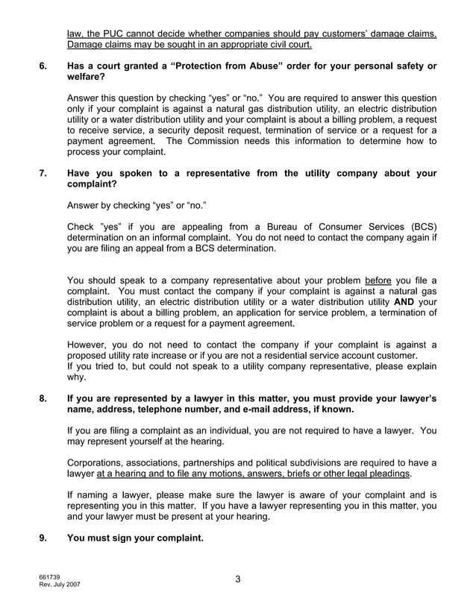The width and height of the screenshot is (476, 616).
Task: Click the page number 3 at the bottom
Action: pos(237,579)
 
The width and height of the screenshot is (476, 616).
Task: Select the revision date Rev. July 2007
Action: pos(60,585)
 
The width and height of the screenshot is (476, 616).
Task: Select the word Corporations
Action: pos(97,462)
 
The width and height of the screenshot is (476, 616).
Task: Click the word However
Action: pos(90,345)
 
